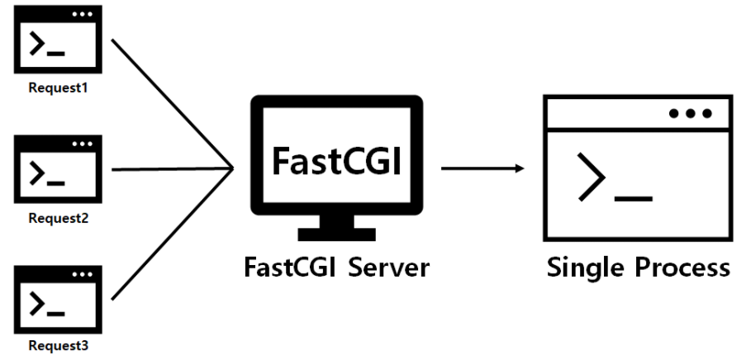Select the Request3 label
[57, 347]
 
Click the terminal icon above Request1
[57, 41]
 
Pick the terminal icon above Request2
[57, 170]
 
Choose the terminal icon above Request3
[57, 298]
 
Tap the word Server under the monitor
[389, 268]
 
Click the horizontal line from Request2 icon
[169, 169]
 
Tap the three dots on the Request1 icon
[83, 14]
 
